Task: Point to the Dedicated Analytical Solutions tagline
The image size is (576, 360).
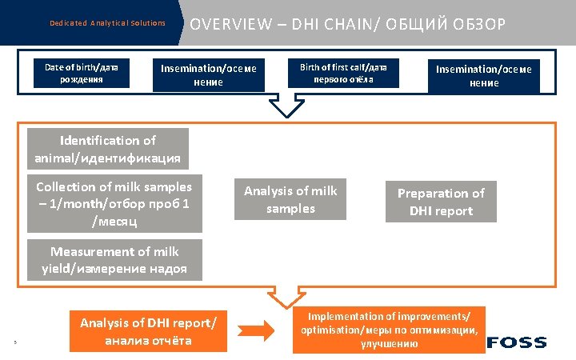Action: click(x=107, y=23)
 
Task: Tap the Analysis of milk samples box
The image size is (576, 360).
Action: click(x=290, y=199)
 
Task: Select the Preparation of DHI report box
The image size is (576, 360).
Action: click(x=441, y=202)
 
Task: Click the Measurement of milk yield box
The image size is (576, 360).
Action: click(x=114, y=260)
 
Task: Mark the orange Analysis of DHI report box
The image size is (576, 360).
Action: click(x=148, y=331)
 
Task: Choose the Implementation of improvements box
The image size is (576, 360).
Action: click(x=390, y=330)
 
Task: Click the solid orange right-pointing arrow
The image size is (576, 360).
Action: click(x=258, y=330)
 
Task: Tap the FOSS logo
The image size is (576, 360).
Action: click(x=517, y=342)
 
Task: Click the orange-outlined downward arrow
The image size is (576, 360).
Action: click(x=286, y=298)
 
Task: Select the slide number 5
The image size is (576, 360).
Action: click(x=15, y=344)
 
